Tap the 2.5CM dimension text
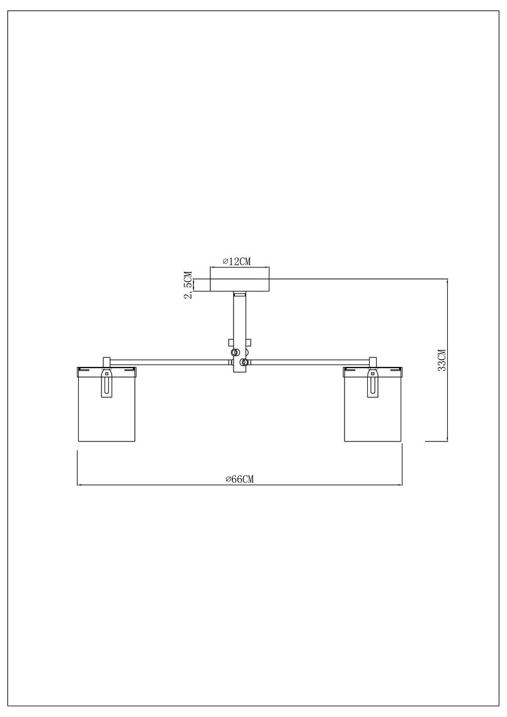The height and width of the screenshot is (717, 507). click(x=188, y=285)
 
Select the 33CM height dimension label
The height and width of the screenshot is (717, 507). click(x=442, y=360)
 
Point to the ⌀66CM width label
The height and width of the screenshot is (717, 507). click(x=239, y=479)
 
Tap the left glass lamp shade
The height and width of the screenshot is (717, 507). click(x=107, y=412)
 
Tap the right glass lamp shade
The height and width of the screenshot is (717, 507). click(x=373, y=412)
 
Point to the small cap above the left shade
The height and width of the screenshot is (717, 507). click(x=107, y=361)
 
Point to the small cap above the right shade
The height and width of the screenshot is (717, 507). click(x=373, y=361)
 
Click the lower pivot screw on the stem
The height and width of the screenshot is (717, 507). click(x=243, y=361)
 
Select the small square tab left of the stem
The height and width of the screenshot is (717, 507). click(x=230, y=343)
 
